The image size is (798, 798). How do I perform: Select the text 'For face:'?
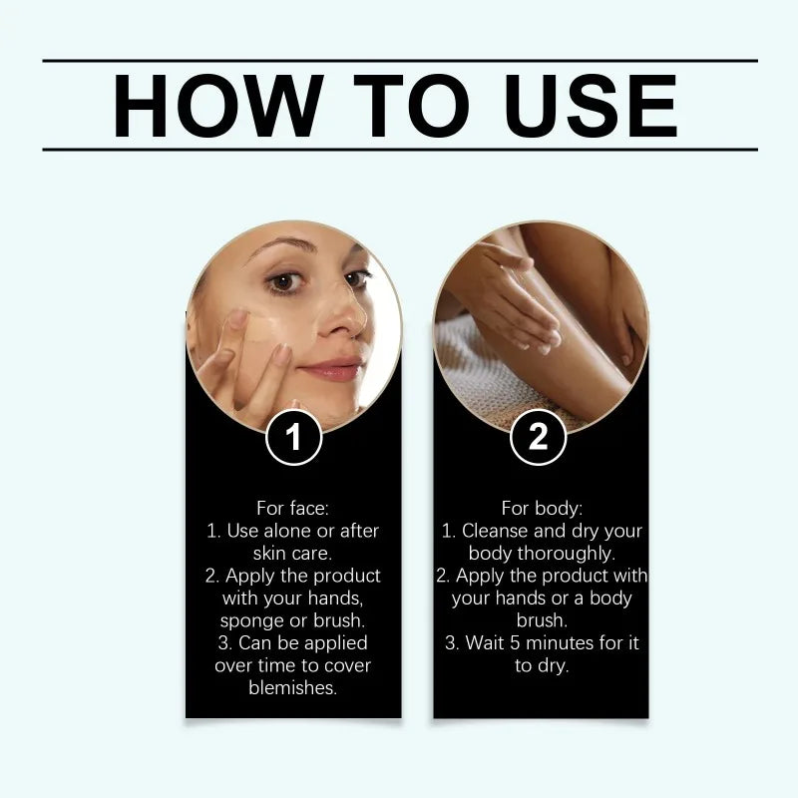293,508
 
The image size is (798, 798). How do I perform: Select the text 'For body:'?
541,508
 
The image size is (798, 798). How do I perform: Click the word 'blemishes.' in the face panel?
293,687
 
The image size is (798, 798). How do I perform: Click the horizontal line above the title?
399,61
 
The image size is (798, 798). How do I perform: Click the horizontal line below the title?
399,150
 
